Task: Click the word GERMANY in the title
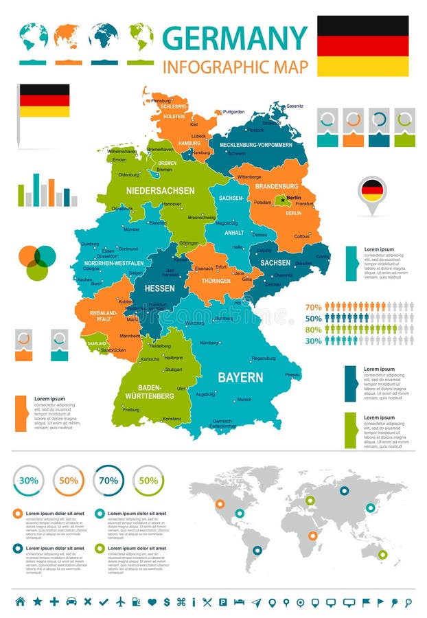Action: point(235,38)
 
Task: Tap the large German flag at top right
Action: point(362,45)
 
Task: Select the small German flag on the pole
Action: point(44,100)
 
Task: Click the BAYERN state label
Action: point(240,378)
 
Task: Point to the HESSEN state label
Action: point(159,288)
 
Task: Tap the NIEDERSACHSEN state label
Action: point(160,190)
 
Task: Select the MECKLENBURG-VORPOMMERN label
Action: point(255,145)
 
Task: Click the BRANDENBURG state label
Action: point(277,185)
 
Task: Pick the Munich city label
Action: point(244,400)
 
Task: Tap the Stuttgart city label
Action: point(173,369)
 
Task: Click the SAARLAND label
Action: point(97,343)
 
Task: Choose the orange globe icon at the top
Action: point(67,36)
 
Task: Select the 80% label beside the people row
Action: point(313,329)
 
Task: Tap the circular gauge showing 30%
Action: point(28,481)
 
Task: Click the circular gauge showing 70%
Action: point(108,481)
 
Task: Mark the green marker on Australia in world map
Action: point(382,554)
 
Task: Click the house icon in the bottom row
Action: point(20,602)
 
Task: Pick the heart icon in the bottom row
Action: point(152,602)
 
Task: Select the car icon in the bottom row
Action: point(71,602)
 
